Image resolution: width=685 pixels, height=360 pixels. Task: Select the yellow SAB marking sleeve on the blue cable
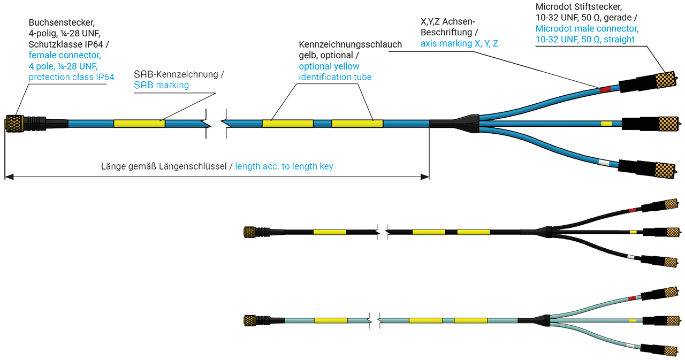pos(139,124)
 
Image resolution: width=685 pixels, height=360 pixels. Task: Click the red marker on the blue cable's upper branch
pos(605,89)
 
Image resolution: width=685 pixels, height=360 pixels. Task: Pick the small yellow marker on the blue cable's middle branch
pos(606,124)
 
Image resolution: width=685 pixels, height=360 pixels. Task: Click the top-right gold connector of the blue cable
pos(661,81)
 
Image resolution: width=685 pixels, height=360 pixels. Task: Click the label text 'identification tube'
pos(336,78)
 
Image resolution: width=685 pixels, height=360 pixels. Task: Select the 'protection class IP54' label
pos(71,78)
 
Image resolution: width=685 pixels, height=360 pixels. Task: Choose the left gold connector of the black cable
pos(249,232)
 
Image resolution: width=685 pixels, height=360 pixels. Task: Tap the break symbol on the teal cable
pos(372,320)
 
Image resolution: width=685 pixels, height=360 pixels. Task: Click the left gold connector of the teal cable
pos(249,320)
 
